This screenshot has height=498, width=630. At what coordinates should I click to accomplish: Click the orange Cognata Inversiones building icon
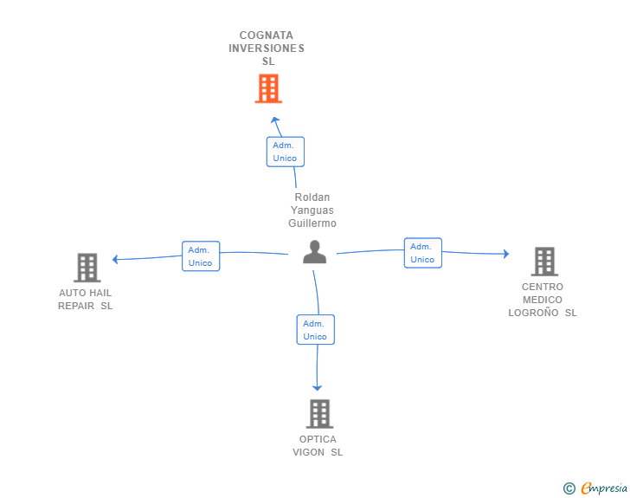pyautogui.click(x=268, y=88)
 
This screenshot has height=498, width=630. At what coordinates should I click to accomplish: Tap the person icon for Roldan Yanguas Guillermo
pyautogui.click(x=315, y=252)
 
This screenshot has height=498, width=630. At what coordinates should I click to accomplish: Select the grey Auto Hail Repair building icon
pyautogui.click(x=87, y=268)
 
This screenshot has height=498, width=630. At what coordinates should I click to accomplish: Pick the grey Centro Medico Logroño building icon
pyautogui.click(x=543, y=262)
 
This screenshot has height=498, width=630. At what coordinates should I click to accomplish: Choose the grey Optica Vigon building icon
pyautogui.click(x=319, y=414)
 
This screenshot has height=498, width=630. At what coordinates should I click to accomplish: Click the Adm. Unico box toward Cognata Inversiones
pyautogui.click(x=285, y=152)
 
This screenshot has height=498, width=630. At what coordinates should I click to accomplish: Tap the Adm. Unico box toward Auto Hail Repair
pyautogui.click(x=201, y=256)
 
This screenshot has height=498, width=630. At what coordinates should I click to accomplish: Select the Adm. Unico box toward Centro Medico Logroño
pyautogui.click(x=422, y=253)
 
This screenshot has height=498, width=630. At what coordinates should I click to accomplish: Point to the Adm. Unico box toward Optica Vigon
pyautogui.click(x=315, y=330)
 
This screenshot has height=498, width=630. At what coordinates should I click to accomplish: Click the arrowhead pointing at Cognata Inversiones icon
pyautogui.click(x=275, y=120)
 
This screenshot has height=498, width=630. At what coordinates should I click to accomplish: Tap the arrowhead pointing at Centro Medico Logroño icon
pyautogui.click(x=505, y=254)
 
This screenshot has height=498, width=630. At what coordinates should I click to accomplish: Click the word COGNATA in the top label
pyautogui.click(x=266, y=36)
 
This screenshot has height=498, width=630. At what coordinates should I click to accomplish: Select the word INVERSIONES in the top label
pyautogui.click(x=267, y=49)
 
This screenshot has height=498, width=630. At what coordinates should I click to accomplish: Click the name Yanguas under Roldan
pyautogui.click(x=312, y=210)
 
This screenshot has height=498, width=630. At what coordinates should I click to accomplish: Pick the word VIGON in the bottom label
pyautogui.click(x=308, y=452)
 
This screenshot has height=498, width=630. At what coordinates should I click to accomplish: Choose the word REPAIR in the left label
pyautogui.click(x=76, y=306)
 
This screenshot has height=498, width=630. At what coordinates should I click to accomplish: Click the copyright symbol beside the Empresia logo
pyautogui.click(x=569, y=488)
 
